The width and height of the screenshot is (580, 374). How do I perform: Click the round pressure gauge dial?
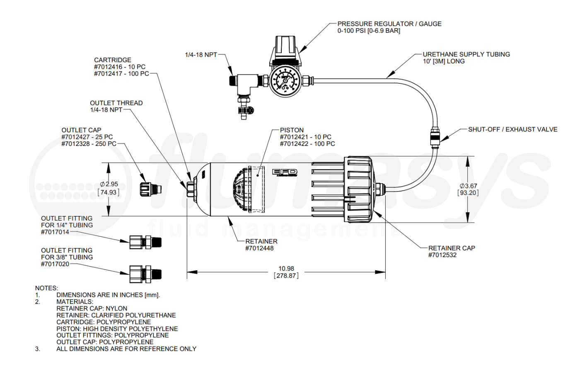click(x=285, y=80)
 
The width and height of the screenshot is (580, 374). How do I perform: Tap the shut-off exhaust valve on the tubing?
click(x=434, y=138)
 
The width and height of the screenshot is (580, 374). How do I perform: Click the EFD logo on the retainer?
click(x=285, y=172)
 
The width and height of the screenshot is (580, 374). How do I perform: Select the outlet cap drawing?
click(x=149, y=189)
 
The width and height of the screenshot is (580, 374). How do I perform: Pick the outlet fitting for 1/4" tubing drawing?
click(x=145, y=242)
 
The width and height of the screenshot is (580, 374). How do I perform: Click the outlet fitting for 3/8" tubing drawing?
click(x=145, y=274)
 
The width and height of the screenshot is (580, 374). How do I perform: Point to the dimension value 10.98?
click(x=286, y=269)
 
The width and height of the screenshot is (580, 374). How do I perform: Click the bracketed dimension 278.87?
click(x=286, y=276)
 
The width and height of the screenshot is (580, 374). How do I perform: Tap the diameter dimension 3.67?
click(x=468, y=186)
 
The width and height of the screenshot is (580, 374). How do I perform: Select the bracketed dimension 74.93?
click(x=109, y=192)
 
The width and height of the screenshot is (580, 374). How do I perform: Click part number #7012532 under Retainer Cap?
click(x=442, y=255)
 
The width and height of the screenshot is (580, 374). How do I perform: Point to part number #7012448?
click(x=259, y=248)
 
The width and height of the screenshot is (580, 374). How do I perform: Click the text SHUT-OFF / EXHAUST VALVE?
click(x=512, y=129)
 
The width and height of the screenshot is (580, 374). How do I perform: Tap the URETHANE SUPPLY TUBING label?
click(x=466, y=54)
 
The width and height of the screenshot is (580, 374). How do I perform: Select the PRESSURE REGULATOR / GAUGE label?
click(x=389, y=24)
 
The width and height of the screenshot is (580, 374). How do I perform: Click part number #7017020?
click(x=55, y=264)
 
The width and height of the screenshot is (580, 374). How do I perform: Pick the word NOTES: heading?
click(x=46, y=288)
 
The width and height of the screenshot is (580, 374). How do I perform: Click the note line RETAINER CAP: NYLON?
click(x=92, y=308)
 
